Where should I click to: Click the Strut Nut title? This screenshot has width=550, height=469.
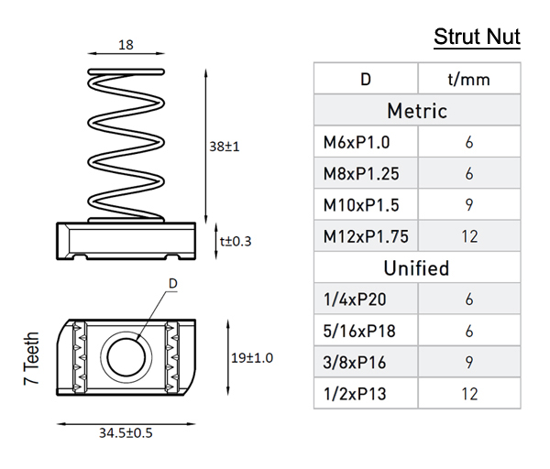(477, 38)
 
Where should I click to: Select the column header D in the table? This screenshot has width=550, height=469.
(365, 80)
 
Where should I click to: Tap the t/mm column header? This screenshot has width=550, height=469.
(468, 80)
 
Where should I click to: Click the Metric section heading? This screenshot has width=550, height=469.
(417, 111)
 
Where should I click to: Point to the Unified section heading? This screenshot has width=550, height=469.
(417, 268)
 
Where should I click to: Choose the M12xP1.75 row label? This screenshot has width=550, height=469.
(366, 236)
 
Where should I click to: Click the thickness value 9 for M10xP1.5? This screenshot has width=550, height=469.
(468, 205)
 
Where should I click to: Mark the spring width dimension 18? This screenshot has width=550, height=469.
(127, 43)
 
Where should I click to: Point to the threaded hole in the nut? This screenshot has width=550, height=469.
(124, 354)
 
